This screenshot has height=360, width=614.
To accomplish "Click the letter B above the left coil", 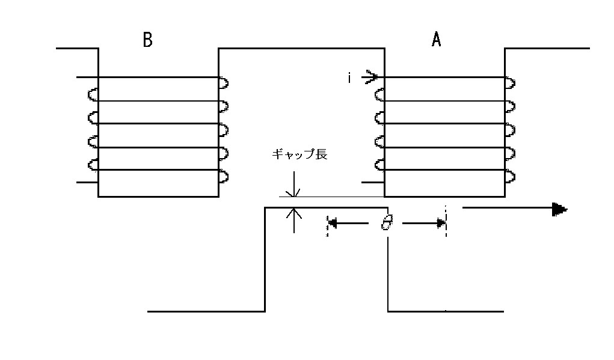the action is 147,40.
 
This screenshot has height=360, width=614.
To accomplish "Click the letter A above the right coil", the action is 436,39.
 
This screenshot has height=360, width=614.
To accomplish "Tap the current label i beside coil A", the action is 349,78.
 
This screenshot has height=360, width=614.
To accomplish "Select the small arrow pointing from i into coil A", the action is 370,77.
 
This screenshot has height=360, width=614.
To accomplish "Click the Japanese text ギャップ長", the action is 299,154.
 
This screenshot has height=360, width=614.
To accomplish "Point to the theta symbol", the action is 387,222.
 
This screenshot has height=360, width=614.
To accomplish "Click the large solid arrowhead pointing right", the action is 559,209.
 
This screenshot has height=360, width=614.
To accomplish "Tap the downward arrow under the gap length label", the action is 294,184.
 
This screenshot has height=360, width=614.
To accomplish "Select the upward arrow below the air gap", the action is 294,220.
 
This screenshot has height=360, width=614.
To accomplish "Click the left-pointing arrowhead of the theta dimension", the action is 333,224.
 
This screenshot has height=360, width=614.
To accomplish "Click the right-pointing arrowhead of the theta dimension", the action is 441,224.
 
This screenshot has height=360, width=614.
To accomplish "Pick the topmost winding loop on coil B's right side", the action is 224,83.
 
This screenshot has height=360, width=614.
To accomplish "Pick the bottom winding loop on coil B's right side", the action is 224,177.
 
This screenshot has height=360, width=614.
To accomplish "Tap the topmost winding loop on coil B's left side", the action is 93,95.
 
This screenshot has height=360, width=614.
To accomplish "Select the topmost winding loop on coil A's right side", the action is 510,83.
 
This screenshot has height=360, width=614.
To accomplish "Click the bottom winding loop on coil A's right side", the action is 510,177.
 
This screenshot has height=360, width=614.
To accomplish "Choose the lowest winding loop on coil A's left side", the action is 379,165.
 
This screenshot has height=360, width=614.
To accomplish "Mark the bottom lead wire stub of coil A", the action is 373,182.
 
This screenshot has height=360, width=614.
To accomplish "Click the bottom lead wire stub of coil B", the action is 87,182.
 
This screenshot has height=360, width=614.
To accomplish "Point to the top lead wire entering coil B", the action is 87,77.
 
